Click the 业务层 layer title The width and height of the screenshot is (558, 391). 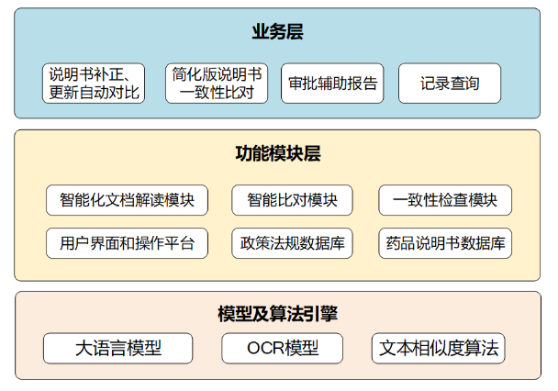coord(277,31)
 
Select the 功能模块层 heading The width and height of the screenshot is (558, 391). coord(278,153)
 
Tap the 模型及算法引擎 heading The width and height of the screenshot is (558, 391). coord(278,314)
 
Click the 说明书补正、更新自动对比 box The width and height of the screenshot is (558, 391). coord(94,84)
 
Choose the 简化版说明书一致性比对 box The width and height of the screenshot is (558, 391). coord(217,84)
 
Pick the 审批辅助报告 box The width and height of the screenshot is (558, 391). coord(332,84)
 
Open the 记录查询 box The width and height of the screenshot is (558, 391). coord(450,84)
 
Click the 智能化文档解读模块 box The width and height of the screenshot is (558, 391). coord(127,200)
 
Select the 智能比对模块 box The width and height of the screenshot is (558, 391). coord(292,200)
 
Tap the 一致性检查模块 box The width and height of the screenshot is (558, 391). coord(445,200)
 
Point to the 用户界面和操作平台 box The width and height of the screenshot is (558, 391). coord(127,243)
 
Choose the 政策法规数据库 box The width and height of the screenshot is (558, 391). coord(292,243)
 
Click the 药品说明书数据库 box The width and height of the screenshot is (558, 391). coord(445,243)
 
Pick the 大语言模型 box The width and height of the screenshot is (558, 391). coord(118,348)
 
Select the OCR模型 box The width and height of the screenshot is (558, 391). coord(283,348)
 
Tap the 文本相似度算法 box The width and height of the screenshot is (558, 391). coord(439,348)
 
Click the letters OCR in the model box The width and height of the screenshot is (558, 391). coord(265,348)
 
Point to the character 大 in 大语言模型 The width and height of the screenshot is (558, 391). coord(84,348)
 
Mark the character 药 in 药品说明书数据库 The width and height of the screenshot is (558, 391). coord(394,243)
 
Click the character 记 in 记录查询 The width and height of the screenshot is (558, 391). coord(428,84)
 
